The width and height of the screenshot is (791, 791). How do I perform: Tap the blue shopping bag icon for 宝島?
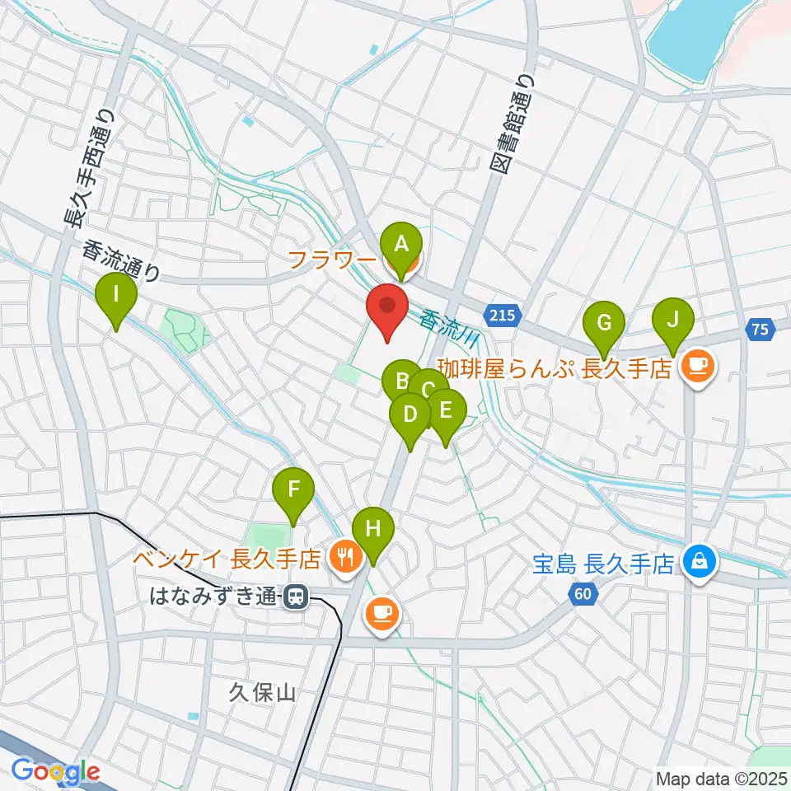(x=699, y=563)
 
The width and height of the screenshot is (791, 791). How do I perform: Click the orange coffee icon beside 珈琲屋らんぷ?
(x=698, y=365)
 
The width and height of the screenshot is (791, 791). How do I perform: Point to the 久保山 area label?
(x=262, y=693)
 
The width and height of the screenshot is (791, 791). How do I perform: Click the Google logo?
(x=55, y=772)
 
